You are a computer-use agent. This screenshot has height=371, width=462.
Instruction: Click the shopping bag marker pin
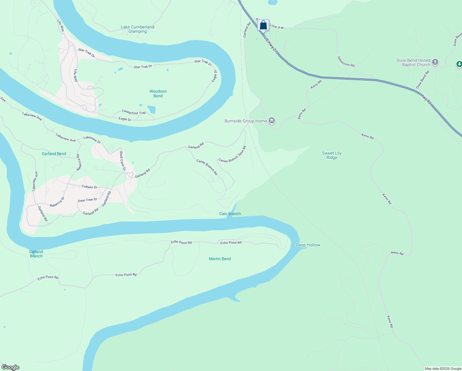click(263, 25)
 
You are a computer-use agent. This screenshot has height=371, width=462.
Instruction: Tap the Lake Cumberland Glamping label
click(137, 29)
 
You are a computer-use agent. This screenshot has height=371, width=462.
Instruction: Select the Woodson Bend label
click(158, 93)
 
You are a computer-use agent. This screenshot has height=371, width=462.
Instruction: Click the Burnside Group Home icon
click(272, 121)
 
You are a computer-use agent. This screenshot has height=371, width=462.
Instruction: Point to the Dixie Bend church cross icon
click(435, 62)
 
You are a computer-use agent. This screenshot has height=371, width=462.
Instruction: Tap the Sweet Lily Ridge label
click(332, 155)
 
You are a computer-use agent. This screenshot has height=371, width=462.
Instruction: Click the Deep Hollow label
click(308, 245)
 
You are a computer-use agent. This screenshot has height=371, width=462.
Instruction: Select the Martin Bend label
click(220, 259)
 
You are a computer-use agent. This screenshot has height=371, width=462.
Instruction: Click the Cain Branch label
click(230, 214)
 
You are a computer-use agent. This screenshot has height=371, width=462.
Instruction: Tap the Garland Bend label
click(54, 154)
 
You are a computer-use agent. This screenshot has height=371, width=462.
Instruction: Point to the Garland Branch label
click(36, 254)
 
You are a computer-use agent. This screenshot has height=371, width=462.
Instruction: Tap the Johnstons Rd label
click(346, 61)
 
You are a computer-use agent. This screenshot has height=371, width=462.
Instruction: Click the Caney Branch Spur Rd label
click(232, 155)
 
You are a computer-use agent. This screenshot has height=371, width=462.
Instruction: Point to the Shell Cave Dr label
click(123, 161)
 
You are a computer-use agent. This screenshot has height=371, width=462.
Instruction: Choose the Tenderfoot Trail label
click(134, 112)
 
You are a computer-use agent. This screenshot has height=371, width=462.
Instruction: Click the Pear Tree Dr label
click(88, 200)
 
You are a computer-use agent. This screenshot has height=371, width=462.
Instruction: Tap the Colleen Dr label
click(90, 187)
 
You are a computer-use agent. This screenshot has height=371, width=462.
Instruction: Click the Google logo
click(10, 367)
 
